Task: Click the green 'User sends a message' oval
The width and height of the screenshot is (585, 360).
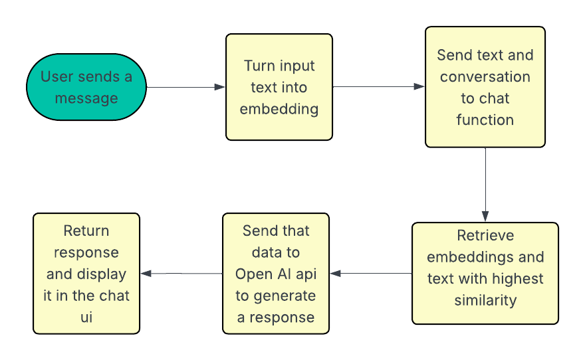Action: point(86,87)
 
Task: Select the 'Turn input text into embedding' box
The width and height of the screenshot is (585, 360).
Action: point(279,87)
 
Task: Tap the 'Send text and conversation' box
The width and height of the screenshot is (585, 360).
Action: point(485,87)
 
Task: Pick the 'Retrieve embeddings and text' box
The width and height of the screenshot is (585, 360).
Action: point(485,273)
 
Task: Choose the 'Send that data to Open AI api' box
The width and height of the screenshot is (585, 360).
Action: point(276,273)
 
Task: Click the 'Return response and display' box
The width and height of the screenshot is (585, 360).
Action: point(86,273)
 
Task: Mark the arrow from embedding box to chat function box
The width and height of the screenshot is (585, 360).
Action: point(379,87)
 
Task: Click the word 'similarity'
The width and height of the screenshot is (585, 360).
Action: point(485,300)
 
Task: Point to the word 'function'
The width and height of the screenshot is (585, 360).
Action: point(485,120)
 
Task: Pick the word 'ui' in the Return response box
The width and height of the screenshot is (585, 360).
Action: point(86,317)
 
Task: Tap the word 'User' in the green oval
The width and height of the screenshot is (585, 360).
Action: point(57,76)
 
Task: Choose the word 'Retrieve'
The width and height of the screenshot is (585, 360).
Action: point(485,236)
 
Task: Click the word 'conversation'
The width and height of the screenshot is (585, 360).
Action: point(485,77)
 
